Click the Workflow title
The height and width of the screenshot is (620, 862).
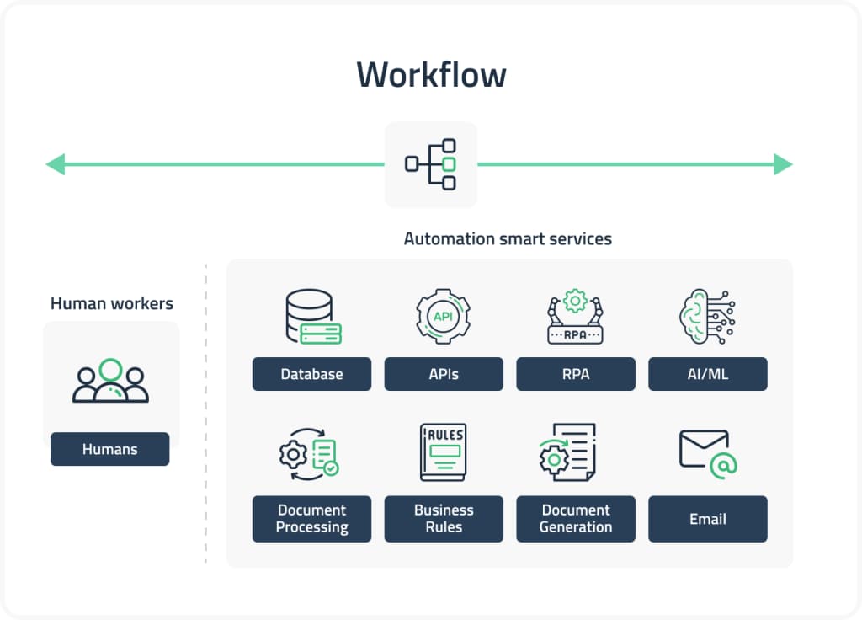[431, 74]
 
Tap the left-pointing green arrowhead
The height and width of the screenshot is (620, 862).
[56, 164]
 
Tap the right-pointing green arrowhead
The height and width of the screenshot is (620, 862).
[783, 164]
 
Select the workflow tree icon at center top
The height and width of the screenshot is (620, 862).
[431, 164]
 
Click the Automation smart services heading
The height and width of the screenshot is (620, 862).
[508, 238]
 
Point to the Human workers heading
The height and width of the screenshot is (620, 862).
[112, 303]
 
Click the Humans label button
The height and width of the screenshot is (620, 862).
[109, 449]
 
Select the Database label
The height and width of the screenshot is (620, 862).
[311, 374]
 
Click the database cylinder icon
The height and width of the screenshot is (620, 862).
[312, 317]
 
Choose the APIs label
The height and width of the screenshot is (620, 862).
[444, 374]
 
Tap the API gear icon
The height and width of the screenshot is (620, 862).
[443, 317]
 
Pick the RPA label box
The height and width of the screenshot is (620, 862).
[576, 374]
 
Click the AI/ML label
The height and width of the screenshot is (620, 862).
[707, 374]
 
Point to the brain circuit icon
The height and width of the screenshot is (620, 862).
[706, 317]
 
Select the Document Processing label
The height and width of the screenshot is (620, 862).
[311, 518]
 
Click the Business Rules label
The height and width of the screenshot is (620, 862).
[444, 518]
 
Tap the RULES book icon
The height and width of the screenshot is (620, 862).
[443, 452]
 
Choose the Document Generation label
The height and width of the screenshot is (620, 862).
[576, 518]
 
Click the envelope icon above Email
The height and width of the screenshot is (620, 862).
[707, 452]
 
